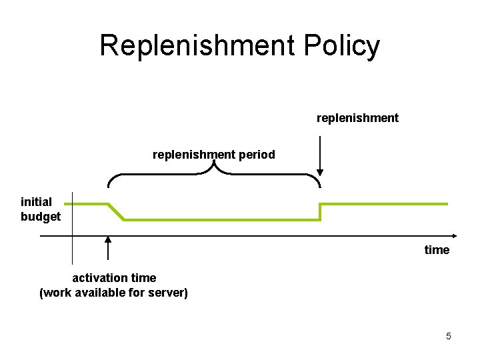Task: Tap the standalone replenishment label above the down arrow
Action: point(357,118)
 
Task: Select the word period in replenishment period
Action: point(256,155)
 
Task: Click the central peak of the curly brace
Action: point(214,165)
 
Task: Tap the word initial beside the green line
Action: point(36,202)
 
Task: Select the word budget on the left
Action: point(41,217)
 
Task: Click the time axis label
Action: point(437,250)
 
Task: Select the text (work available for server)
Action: point(114,292)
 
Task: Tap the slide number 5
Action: point(449,336)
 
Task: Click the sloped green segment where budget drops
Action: point(116,211)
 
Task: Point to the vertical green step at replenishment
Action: point(321,211)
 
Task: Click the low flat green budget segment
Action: point(220,219)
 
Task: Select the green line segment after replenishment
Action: point(383,204)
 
